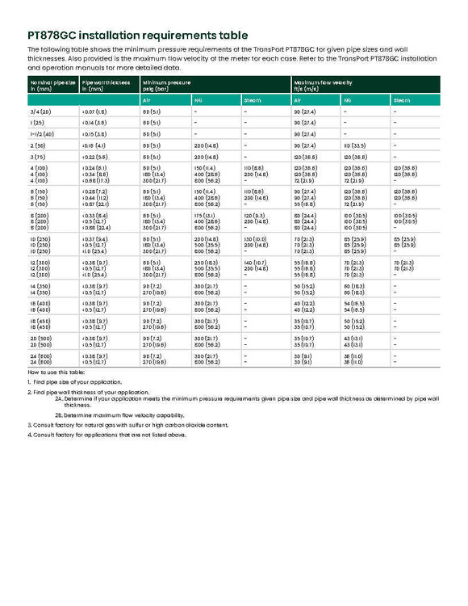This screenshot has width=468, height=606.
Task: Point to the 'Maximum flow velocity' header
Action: click(323, 82)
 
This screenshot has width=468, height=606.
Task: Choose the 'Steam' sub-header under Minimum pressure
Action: click(253, 99)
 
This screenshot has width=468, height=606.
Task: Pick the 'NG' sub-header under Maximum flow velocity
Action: click(348, 99)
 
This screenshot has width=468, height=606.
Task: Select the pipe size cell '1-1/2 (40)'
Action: click(42, 133)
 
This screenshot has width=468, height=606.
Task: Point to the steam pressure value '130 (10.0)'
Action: click(255, 239)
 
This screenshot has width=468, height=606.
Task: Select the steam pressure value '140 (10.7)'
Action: click(255, 263)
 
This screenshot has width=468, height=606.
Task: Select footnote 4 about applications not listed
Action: click(107, 435)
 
